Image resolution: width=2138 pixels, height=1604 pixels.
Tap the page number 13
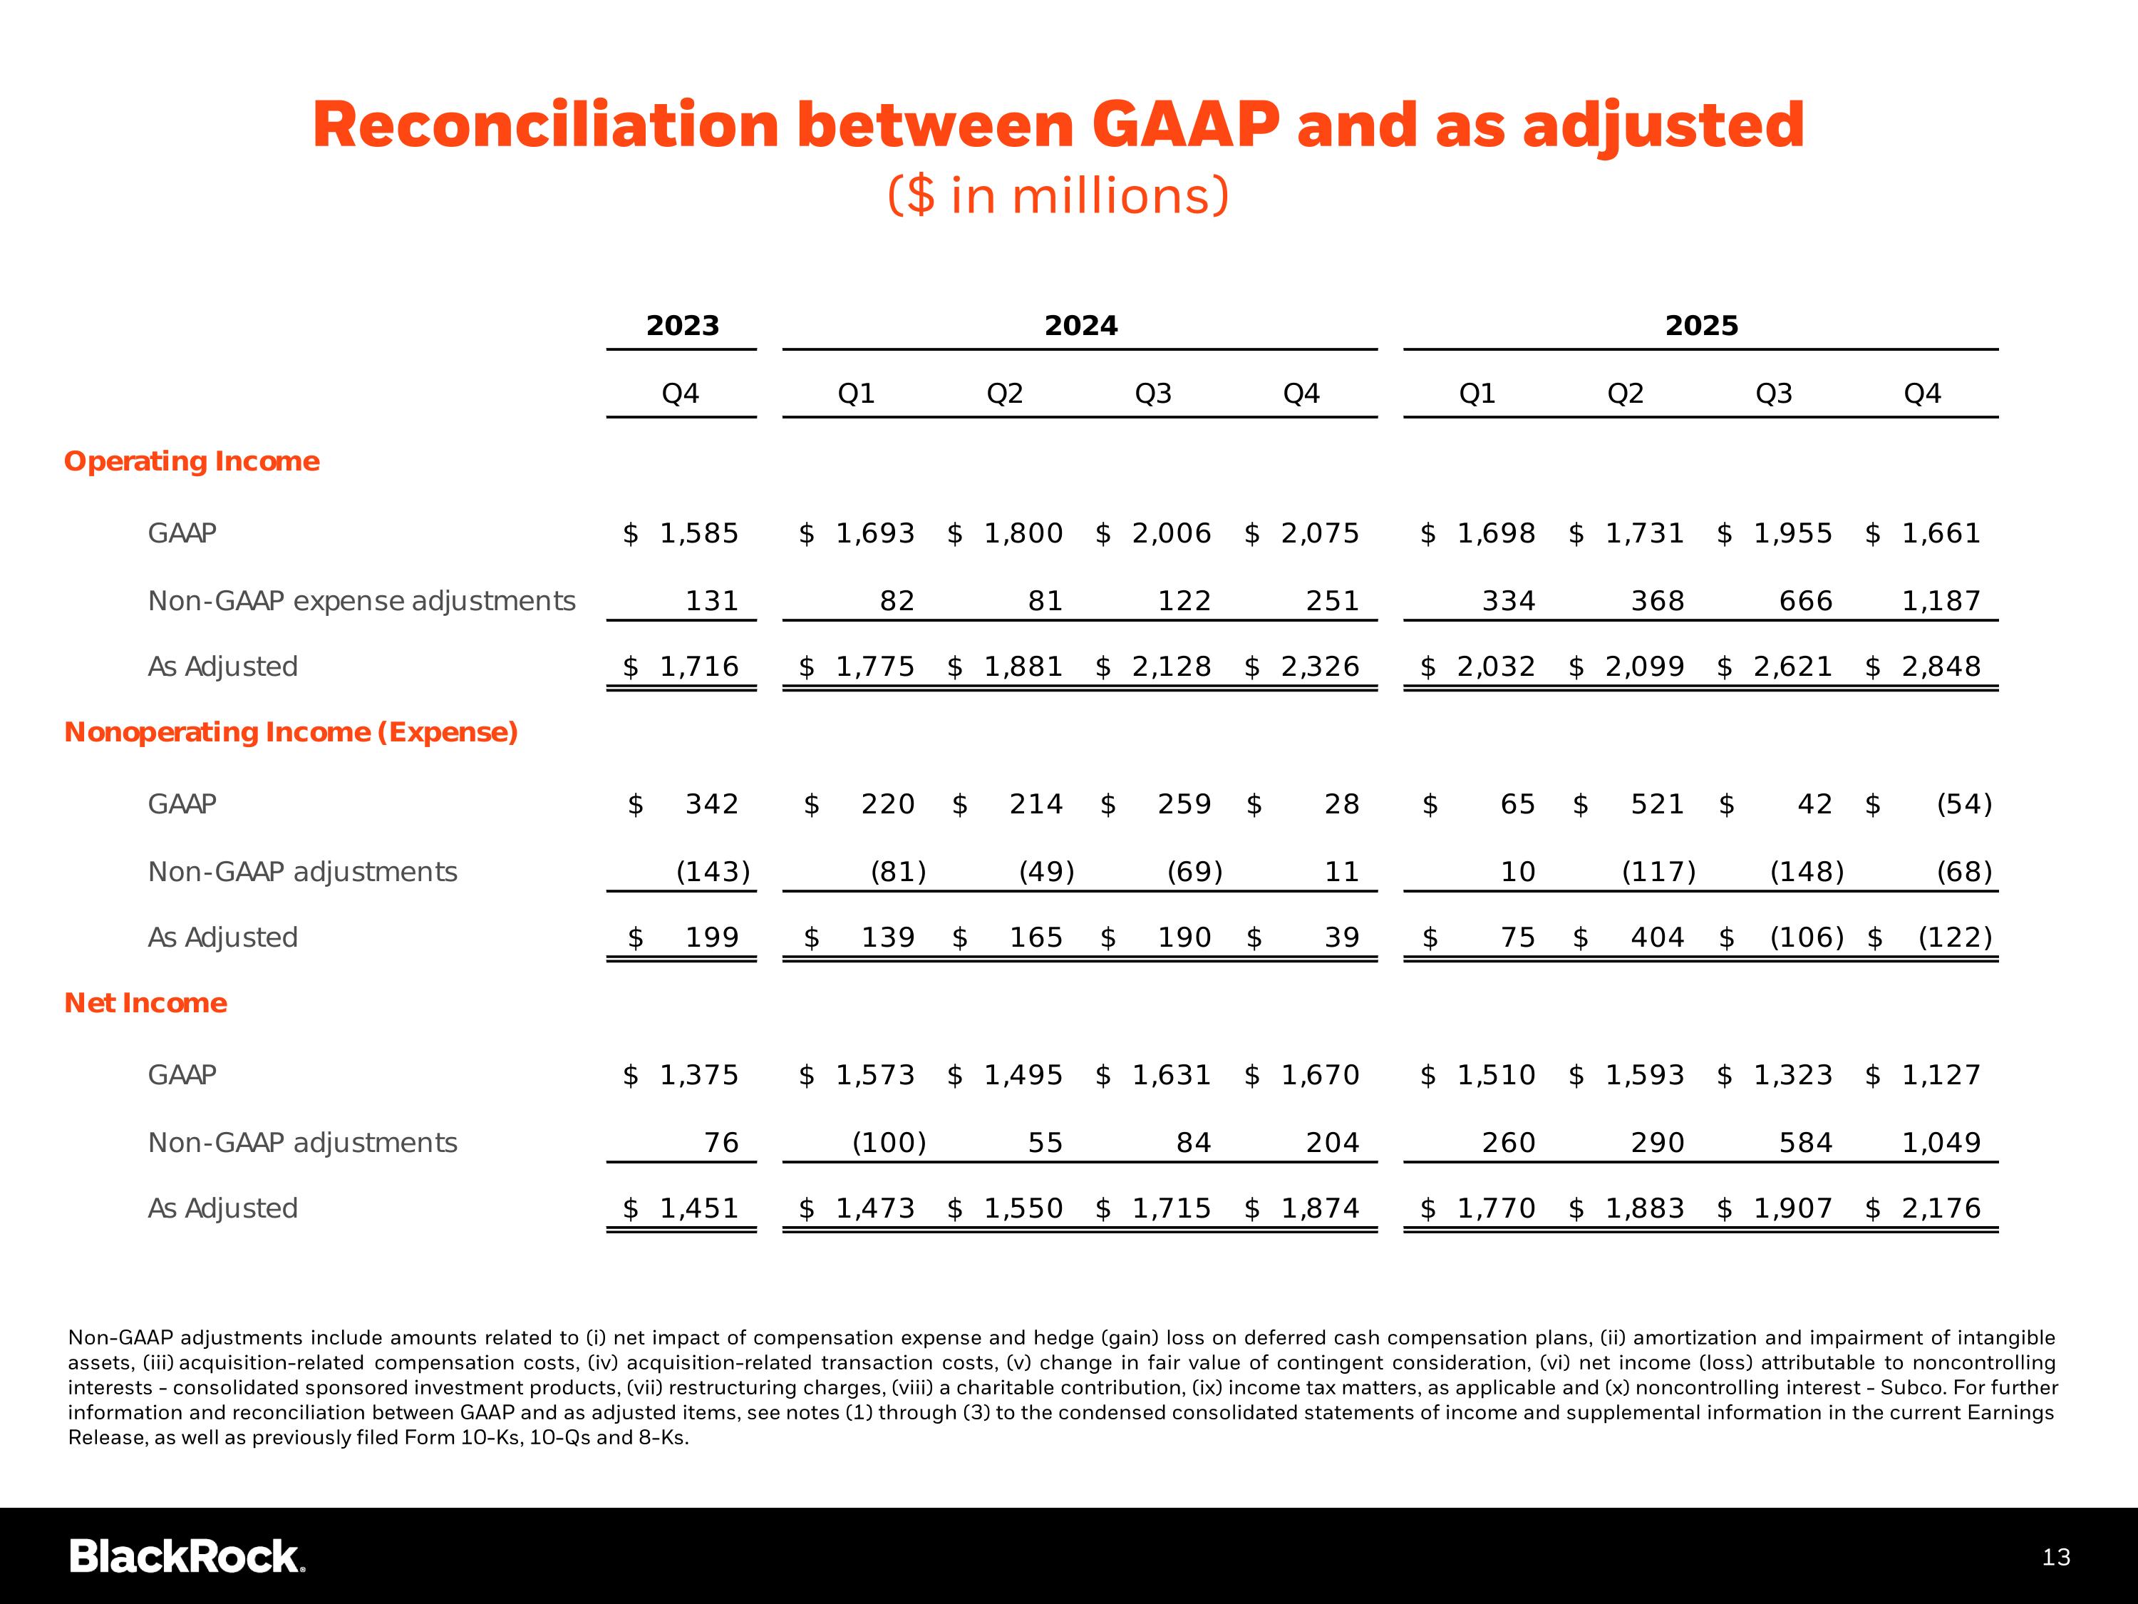click(2056, 1557)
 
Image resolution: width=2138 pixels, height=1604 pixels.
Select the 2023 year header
click(683, 326)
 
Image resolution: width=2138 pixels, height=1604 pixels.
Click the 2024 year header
click(1080, 326)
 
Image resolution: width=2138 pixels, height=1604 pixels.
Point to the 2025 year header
click(1701, 326)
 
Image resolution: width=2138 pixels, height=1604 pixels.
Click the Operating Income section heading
click(192, 461)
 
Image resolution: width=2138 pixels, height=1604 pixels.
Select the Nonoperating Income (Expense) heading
click(291, 732)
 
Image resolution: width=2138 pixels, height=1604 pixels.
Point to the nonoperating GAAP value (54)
click(1964, 803)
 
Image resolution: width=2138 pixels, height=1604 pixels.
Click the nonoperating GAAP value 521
click(1657, 803)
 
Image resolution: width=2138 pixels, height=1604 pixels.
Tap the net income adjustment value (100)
click(888, 1142)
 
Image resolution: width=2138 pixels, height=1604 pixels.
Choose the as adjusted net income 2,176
click(1941, 1208)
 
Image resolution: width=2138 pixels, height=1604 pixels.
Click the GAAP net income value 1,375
click(699, 1074)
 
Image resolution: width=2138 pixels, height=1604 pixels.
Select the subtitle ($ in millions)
click(1058, 195)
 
